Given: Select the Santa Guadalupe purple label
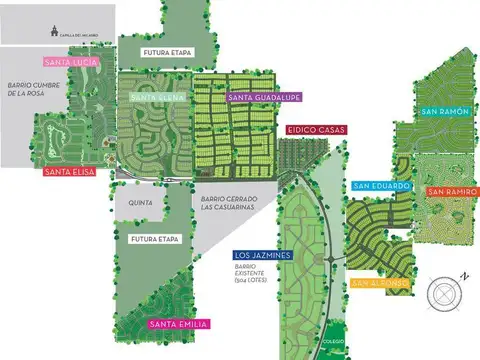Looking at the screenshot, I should pyautogui.click(x=266, y=97).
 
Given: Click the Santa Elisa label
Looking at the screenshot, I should pyautogui.click(x=70, y=171).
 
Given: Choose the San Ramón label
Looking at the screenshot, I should pyautogui.click(x=444, y=111).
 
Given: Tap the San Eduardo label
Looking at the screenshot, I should pyautogui.click(x=380, y=186).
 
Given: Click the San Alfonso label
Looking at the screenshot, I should pyautogui.click(x=381, y=283).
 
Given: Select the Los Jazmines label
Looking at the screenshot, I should pyautogui.click(x=261, y=256).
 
